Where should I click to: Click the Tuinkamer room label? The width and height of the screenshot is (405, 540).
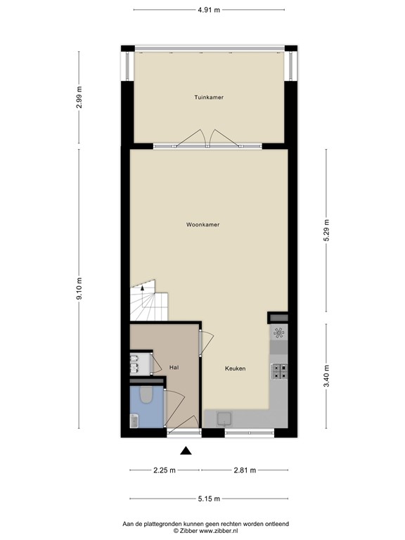(x=209, y=97)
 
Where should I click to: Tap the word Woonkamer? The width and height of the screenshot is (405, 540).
(x=202, y=225)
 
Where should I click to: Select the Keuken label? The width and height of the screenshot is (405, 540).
(x=235, y=368)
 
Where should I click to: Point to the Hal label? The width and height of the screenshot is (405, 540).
(x=174, y=367)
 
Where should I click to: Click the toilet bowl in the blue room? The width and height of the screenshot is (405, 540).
(x=147, y=396)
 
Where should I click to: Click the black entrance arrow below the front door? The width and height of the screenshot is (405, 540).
(x=186, y=451)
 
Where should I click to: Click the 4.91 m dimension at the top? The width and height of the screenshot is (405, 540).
(x=208, y=10)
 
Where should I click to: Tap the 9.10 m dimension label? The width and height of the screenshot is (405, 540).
(x=79, y=288)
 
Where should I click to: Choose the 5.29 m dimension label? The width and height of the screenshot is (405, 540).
(x=326, y=230)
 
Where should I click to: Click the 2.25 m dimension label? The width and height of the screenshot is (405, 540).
(x=165, y=470)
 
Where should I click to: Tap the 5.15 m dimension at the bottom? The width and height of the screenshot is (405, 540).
(x=208, y=499)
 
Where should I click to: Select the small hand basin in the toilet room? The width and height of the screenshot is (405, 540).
(x=134, y=420)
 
